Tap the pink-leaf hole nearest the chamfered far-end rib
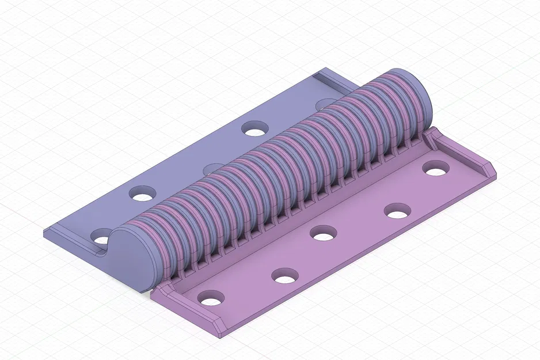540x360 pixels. pyautogui.click(x=436, y=169)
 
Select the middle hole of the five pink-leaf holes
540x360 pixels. pyautogui.click(x=324, y=234)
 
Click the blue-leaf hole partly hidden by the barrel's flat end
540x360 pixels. pyautogui.click(x=101, y=237)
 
